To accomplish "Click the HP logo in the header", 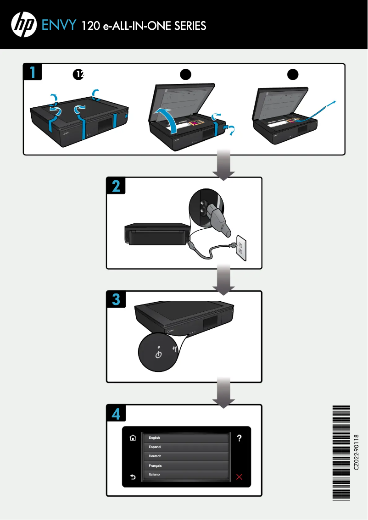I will click(x=24, y=24).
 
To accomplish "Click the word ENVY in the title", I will click(x=58, y=25).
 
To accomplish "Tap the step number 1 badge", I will click(x=33, y=72).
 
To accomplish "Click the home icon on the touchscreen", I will click(x=133, y=438).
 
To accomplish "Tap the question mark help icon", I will click(x=239, y=438).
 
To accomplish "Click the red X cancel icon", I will click(x=239, y=477).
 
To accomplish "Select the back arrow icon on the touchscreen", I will click(x=133, y=477).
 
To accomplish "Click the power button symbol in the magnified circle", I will click(x=158, y=354).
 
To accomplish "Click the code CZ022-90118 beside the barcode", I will click(x=357, y=452).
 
